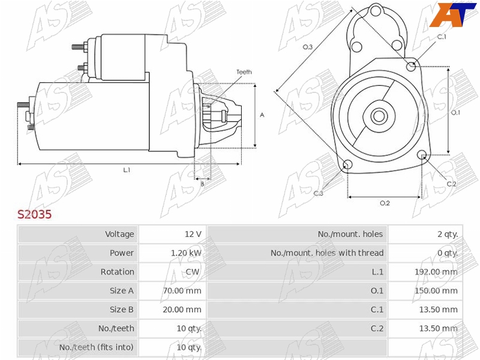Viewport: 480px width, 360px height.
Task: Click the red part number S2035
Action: coord(34,214)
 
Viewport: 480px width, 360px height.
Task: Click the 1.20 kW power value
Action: coord(186,253)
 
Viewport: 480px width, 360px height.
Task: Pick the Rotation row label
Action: coord(117,272)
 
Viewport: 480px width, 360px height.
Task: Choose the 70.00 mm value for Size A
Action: coord(182,290)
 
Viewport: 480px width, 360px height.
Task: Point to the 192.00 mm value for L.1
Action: coord(436,272)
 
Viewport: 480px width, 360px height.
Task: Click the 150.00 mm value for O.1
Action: coord(436,290)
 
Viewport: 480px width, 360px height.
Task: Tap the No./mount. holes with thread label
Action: coord(327,253)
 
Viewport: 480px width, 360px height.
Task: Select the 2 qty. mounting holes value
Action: coord(448,234)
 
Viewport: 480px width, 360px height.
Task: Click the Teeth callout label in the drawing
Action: coord(244,72)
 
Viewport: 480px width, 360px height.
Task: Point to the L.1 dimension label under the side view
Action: coord(127,170)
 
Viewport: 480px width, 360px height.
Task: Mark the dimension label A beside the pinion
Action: coord(262,115)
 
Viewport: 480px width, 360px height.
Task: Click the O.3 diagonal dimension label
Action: coord(308,47)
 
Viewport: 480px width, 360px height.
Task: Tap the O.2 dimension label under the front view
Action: coord(385,203)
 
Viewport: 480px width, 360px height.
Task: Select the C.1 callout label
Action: coord(442,37)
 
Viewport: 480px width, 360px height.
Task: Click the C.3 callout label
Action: coord(319,193)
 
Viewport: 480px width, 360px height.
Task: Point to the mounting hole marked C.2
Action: coord(422,155)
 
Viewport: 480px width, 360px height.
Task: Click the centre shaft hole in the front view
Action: coord(379,116)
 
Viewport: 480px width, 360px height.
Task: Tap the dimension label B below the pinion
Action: coord(202,184)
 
